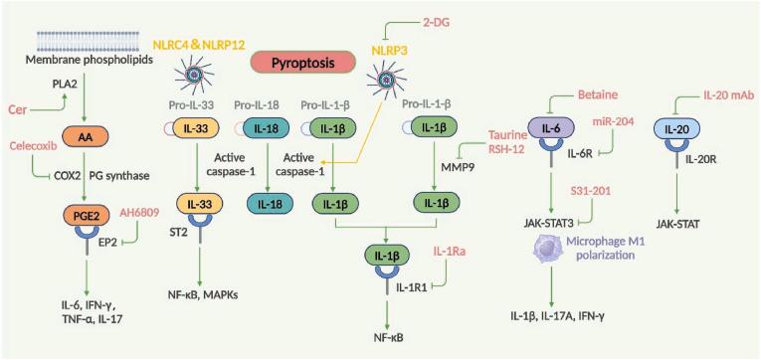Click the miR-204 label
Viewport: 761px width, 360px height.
613,120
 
